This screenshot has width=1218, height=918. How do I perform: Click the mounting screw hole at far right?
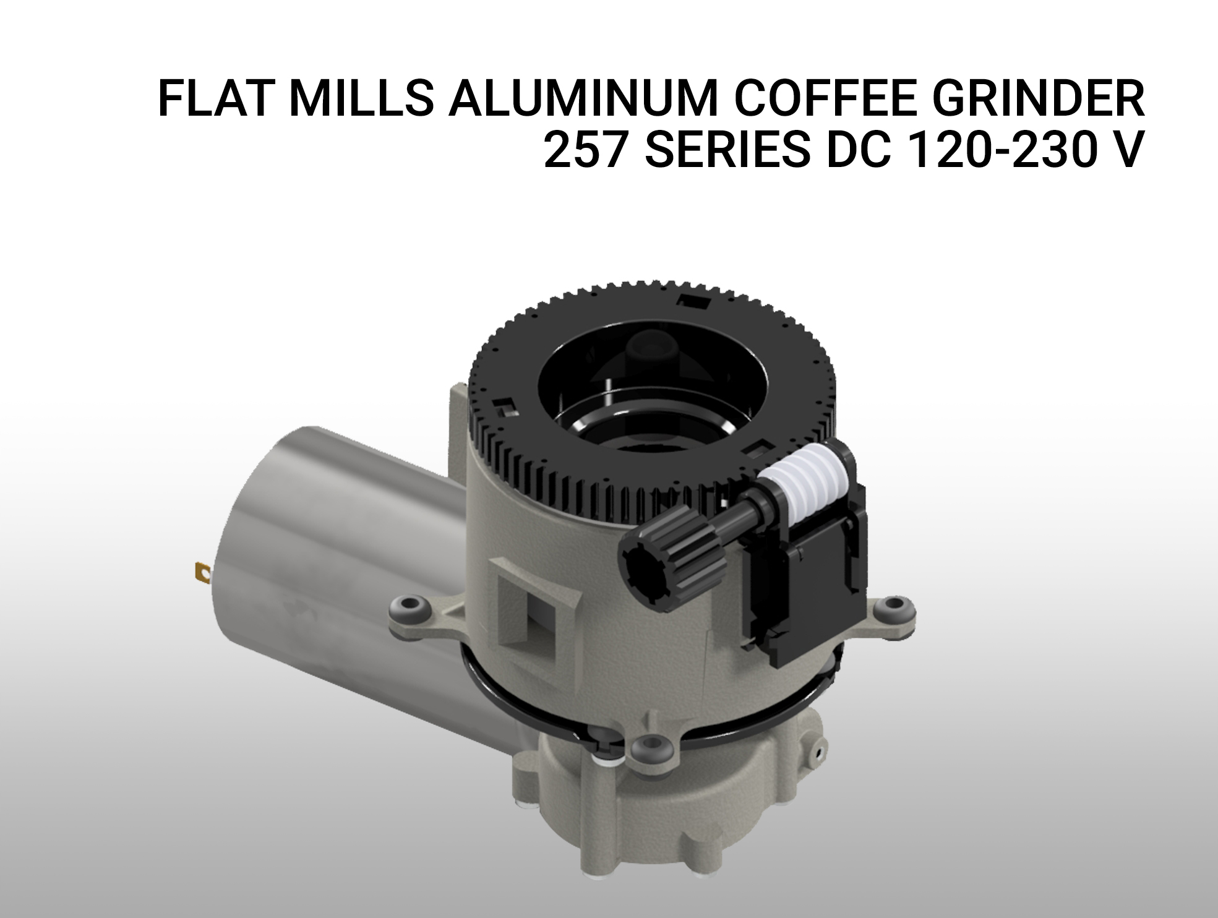click(892, 609)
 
